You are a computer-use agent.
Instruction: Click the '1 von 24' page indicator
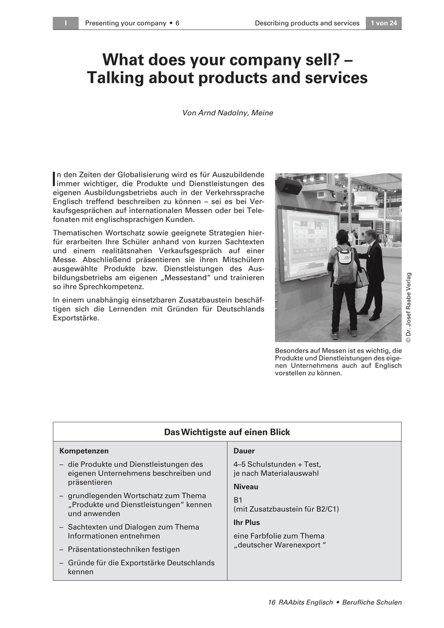pos(383,23)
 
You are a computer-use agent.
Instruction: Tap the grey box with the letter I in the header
pos(65,23)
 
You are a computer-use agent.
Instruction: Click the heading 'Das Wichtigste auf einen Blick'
pos(227,432)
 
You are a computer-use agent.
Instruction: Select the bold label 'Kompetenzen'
pos(84,451)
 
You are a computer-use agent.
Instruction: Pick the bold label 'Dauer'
pos(244,451)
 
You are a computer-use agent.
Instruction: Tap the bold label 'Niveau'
pos(246,487)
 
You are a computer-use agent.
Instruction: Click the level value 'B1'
pos(238,500)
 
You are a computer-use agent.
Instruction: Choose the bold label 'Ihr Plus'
pos(247,522)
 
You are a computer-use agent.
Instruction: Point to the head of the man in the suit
pos(371,235)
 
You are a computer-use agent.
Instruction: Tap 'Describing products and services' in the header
pos(307,23)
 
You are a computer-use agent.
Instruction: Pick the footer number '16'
pos(272,602)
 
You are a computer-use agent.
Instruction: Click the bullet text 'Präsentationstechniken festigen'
pos(124,549)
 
